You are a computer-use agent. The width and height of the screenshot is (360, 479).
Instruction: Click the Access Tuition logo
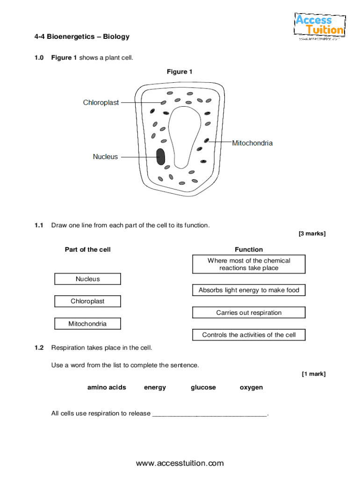pos(319,26)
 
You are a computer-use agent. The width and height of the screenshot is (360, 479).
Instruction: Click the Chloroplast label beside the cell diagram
pos(101,102)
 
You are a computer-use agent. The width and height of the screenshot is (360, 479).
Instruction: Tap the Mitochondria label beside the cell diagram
pos(252,143)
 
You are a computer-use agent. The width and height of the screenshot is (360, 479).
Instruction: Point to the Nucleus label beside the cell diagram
pos(105,157)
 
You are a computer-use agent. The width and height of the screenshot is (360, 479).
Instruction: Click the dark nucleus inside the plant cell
pos(161,157)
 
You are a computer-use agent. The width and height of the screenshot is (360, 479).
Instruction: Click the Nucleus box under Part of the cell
pos(87,279)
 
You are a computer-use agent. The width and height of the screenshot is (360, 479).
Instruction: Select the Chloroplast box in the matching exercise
pos(87,301)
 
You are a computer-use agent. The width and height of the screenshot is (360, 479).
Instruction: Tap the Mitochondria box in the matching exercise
pos(87,324)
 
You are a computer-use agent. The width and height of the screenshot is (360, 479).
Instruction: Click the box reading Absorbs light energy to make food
pos(249,290)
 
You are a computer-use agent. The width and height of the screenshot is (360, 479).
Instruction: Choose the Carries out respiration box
pos(249,312)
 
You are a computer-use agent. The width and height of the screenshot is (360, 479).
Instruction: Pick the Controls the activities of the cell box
pos(249,335)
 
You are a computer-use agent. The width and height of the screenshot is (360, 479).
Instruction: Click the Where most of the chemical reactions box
pos(249,264)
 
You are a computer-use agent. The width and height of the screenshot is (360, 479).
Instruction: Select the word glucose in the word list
pos(203,387)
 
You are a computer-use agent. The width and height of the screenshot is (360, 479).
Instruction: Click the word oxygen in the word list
pos(251,387)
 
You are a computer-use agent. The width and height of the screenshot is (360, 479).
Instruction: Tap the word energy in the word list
pos(155,387)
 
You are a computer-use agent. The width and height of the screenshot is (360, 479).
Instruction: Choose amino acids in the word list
pos(107,387)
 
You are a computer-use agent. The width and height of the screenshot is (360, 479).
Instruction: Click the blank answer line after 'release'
pos(210,414)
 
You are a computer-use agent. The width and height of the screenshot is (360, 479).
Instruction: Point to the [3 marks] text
pos(312,233)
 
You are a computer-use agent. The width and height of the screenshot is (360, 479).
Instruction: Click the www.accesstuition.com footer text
pos(180,464)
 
